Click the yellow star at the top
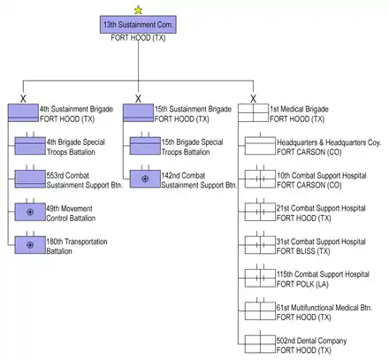click(138, 11)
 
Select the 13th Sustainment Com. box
click(138, 25)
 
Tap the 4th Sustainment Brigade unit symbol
click(23, 113)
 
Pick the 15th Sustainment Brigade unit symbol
click(138, 113)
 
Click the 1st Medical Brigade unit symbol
click(253, 113)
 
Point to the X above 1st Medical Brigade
click(253, 99)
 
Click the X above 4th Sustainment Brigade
click(23, 99)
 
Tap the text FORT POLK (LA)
click(302, 284)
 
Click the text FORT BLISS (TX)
click(303, 251)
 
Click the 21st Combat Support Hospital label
click(321, 208)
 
